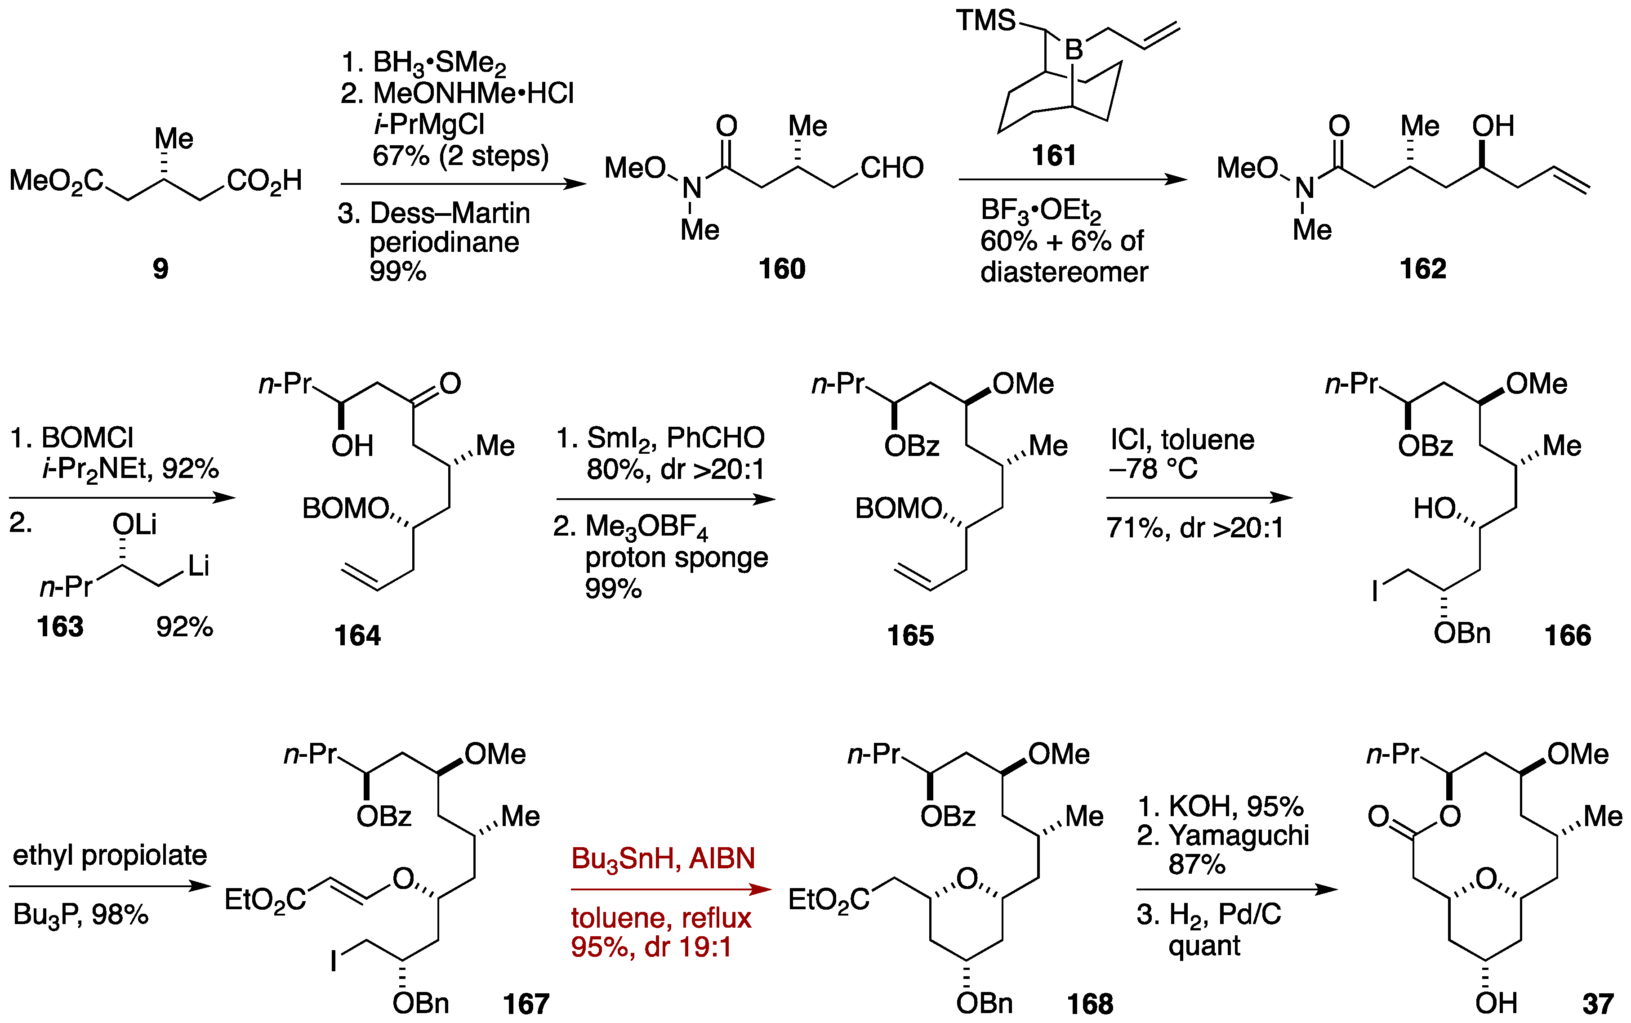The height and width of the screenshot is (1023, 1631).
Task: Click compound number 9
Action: [x=160, y=268]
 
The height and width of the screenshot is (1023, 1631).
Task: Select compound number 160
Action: [x=782, y=268]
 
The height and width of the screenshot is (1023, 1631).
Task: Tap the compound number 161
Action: [x=1053, y=156]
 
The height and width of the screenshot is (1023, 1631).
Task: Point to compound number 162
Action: [x=1423, y=268]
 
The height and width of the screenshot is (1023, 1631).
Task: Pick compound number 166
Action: [x=1568, y=635]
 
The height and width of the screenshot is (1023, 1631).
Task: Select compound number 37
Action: [x=1598, y=1003]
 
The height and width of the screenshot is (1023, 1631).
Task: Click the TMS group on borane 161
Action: [x=985, y=20]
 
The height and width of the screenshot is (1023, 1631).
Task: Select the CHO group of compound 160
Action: [x=891, y=168]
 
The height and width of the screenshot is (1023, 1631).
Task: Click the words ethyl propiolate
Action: [x=110, y=855]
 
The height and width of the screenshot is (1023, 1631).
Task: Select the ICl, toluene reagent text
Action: [x=1182, y=440]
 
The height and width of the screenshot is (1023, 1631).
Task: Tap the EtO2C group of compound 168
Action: [x=829, y=900]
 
